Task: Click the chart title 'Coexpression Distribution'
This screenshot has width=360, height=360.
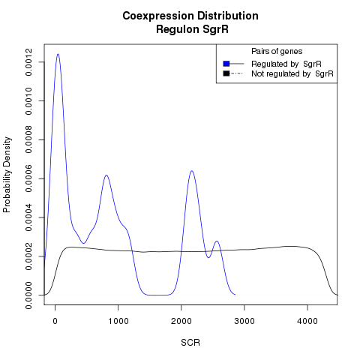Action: (190, 16)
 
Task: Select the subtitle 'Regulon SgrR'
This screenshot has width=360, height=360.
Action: (192, 29)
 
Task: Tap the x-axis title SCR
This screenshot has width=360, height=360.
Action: (190, 343)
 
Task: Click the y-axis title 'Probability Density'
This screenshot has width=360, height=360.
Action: (7, 175)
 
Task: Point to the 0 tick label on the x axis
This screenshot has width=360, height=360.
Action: (55, 321)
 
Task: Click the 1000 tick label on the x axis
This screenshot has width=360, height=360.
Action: (118, 321)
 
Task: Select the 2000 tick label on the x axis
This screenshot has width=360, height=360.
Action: (181, 321)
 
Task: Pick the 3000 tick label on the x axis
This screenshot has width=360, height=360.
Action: (244, 321)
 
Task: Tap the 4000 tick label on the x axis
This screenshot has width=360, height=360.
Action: (307, 321)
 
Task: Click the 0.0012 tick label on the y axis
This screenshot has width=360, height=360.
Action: (28, 62)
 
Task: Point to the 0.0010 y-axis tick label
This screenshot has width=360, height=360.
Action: (28, 101)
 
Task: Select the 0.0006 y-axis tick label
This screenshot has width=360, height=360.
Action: (28, 178)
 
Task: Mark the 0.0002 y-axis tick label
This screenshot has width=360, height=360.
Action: (28, 256)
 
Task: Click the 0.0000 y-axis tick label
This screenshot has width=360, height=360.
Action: (28, 295)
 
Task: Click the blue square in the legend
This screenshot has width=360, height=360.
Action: (226, 64)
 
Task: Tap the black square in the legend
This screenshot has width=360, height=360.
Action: (226, 73)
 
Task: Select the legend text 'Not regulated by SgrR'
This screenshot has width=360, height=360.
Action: (292, 74)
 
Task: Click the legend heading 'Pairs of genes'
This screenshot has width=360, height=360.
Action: (277, 52)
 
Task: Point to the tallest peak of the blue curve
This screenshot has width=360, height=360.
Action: (58, 54)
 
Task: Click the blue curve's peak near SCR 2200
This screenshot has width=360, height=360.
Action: (192, 171)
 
